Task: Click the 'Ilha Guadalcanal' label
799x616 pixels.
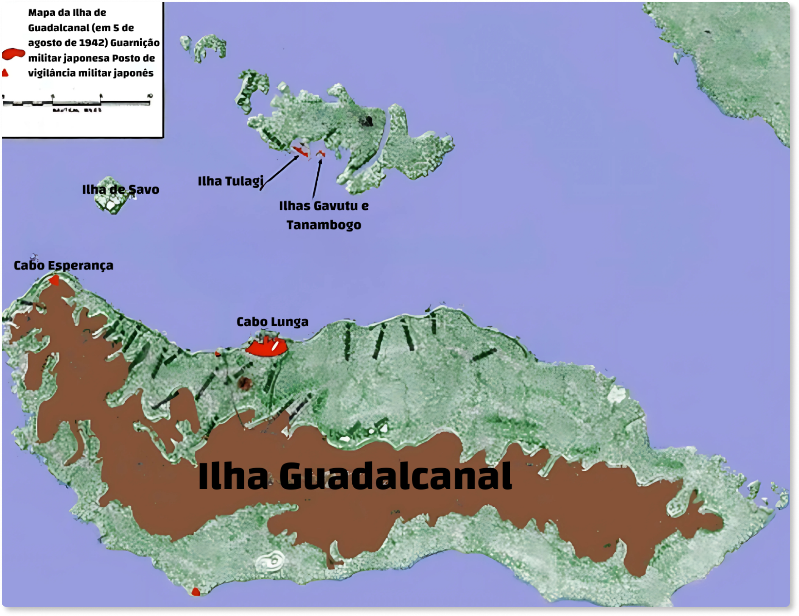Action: pos(355,476)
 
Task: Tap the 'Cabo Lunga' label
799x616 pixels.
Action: pos(272,322)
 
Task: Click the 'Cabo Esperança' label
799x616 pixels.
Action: pos(64,265)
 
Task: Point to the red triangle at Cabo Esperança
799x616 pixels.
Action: pos(54,280)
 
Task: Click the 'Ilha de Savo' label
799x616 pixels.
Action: pos(120,190)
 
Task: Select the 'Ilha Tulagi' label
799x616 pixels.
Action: pos(230,181)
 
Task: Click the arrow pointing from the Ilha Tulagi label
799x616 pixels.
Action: pos(280,170)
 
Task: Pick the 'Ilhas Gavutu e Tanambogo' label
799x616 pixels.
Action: pos(324,215)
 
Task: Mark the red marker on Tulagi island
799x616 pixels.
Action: pos(300,151)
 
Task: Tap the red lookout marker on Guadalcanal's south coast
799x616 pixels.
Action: pos(196,592)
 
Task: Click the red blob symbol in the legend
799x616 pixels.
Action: pos(13,54)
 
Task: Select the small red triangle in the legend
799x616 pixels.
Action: pos(5,73)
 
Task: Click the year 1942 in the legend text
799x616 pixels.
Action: pos(93,43)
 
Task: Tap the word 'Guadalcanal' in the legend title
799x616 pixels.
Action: pos(59,28)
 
